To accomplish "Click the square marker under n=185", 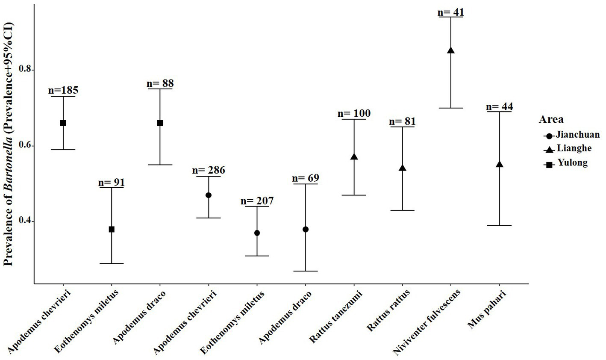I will coord(63,123).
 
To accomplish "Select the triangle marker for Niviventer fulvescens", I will coord(450,50).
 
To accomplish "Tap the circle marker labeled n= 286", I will coord(209,195).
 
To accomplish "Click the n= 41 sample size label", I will coord(450,12).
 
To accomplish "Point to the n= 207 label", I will coord(257,201).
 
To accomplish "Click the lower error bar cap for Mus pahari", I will coord(499,225).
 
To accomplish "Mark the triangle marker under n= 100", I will coord(354,157).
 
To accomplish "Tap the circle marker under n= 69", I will coord(305,229).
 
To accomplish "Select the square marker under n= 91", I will coord(112,229).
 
